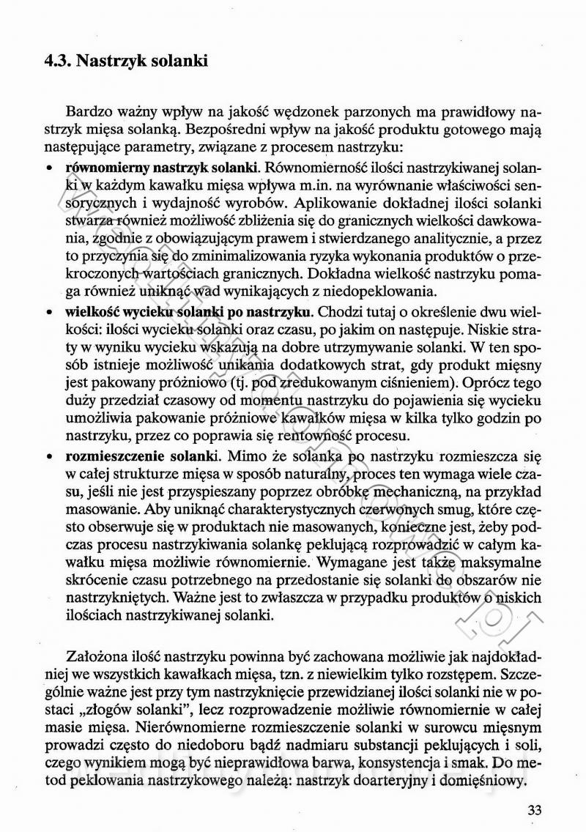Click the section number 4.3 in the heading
pos(57,61)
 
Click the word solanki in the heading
pos(180,61)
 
